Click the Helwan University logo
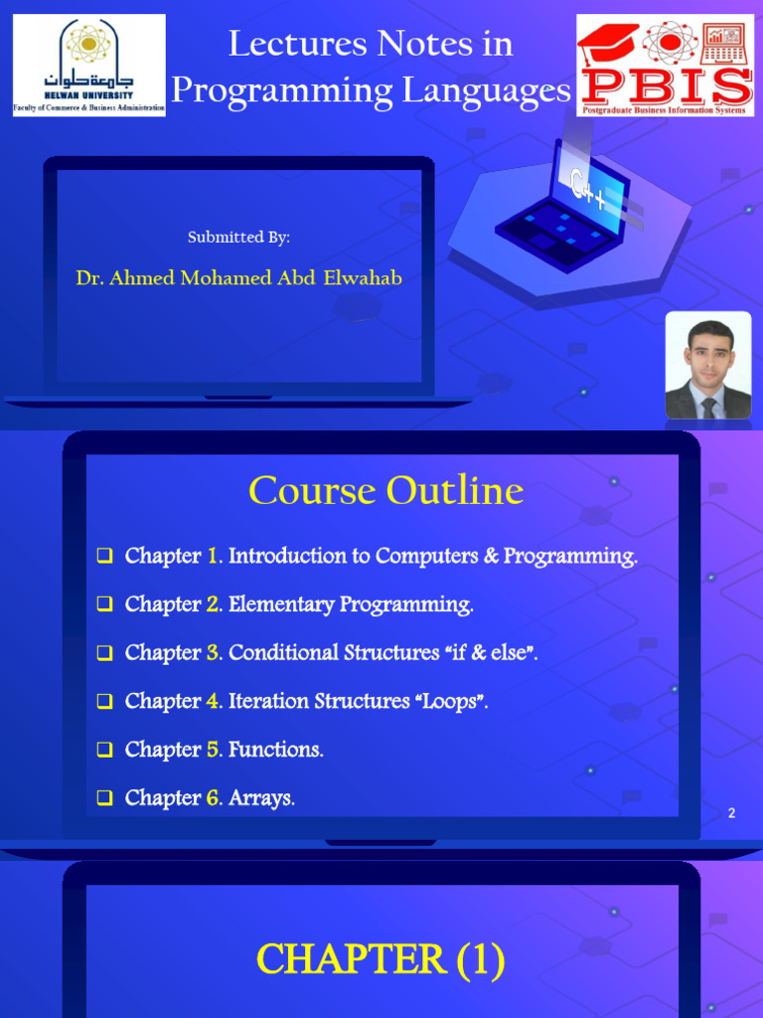[x=88, y=65]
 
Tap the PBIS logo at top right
[x=665, y=65]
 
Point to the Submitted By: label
[x=238, y=237]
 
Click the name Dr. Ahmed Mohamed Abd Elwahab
[x=238, y=278]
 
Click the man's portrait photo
[x=707, y=365]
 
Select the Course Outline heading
[x=385, y=491]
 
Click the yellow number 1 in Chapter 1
[x=214, y=557]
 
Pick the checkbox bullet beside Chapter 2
[x=104, y=605]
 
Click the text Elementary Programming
[x=351, y=604]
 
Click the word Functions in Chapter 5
[x=275, y=750]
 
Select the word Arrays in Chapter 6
[x=261, y=798]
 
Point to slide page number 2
[x=731, y=814]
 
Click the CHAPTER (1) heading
[x=381, y=960]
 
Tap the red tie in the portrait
[x=707, y=407]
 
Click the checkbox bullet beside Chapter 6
[x=104, y=798]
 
